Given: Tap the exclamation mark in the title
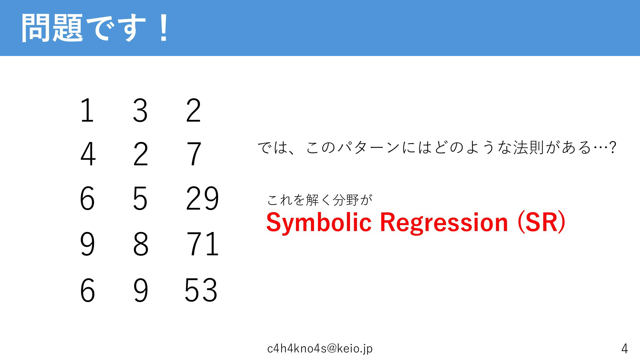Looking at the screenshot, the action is (x=163, y=28).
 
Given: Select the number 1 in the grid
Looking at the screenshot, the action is (x=87, y=110).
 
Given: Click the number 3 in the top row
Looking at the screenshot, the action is (x=140, y=110).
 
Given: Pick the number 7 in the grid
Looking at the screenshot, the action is (x=194, y=154).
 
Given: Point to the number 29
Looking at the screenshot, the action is (x=202, y=198).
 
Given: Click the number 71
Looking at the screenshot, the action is (x=202, y=244).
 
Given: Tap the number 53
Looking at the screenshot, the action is (x=201, y=290).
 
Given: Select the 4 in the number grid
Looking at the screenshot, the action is (x=88, y=154).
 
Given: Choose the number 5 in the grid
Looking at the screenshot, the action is (x=140, y=199).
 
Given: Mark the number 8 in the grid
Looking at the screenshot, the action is (x=141, y=244).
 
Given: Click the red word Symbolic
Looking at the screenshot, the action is (x=319, y=222).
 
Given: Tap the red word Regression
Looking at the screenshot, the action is (x=444, y=222).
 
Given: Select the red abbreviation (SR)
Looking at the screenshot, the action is (x=541, y=222).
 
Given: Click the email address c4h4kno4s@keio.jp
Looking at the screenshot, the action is (x=320, y=348).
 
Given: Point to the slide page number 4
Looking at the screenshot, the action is (x=625, y=349).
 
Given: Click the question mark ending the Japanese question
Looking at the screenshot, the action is (x=613, y=147).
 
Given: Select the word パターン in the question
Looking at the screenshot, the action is (x=369, y=147).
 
